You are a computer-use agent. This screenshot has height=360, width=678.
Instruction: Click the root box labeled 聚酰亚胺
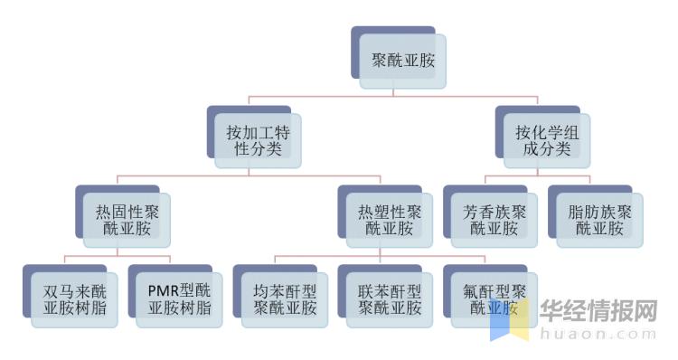coord(402,60)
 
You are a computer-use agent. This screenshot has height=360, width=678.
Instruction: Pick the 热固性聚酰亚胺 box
coord(126,220)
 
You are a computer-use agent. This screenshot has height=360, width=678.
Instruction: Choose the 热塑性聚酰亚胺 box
coord(389,220)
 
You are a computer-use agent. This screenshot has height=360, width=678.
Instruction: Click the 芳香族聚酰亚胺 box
coord(494,220)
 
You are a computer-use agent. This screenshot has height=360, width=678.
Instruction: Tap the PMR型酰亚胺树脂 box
coord(179,299)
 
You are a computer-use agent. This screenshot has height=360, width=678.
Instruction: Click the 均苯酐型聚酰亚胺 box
coord(285,299)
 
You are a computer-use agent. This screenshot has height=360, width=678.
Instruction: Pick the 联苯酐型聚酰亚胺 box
coord(390,299)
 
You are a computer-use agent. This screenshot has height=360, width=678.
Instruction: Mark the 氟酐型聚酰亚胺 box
coord(494,299)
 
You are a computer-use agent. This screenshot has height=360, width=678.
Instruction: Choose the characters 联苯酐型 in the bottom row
coord(390,291)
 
